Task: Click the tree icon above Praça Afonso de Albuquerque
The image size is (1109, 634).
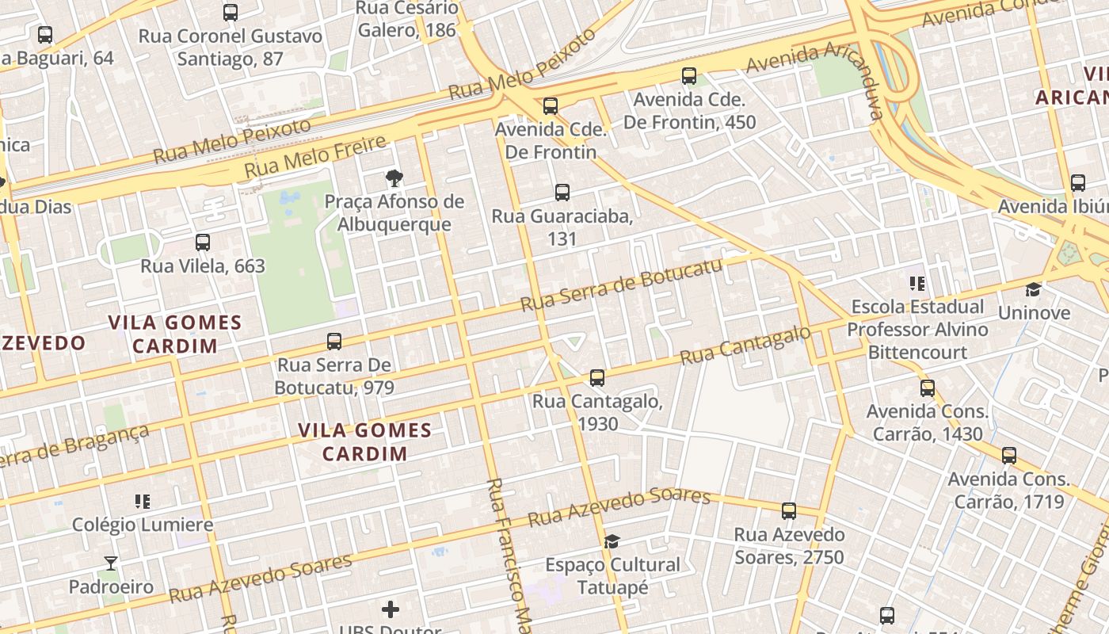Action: coord(394,178)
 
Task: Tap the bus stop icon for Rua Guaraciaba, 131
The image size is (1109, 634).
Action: coord(562,192)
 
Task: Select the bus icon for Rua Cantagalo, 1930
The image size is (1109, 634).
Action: coord(597,377)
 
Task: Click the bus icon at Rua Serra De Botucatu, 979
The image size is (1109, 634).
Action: coord(334,342)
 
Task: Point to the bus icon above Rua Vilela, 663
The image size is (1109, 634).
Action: coord(203,242)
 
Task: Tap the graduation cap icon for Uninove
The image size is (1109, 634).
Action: coord(1033,289)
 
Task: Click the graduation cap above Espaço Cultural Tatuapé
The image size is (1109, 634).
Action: coord(612,541)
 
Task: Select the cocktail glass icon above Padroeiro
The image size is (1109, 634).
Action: coord(110,563)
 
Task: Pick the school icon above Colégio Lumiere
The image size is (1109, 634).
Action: coord(143,501)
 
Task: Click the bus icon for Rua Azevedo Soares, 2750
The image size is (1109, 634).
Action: coord(789,511)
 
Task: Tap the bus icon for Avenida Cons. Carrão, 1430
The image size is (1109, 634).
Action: coord(928,388)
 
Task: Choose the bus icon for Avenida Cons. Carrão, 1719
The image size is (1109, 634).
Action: coord(1009,456)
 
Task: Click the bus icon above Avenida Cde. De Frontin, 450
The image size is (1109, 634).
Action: coord(689,76)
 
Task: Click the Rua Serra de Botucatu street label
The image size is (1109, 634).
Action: coord(622,284)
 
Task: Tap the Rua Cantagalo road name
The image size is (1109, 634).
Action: coord(746,346)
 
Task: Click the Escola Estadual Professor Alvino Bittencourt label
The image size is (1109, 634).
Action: coord(917,329)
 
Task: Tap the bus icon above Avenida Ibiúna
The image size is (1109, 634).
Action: coord(1078,182)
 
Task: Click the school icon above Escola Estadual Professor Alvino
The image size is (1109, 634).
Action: coord(917,283)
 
